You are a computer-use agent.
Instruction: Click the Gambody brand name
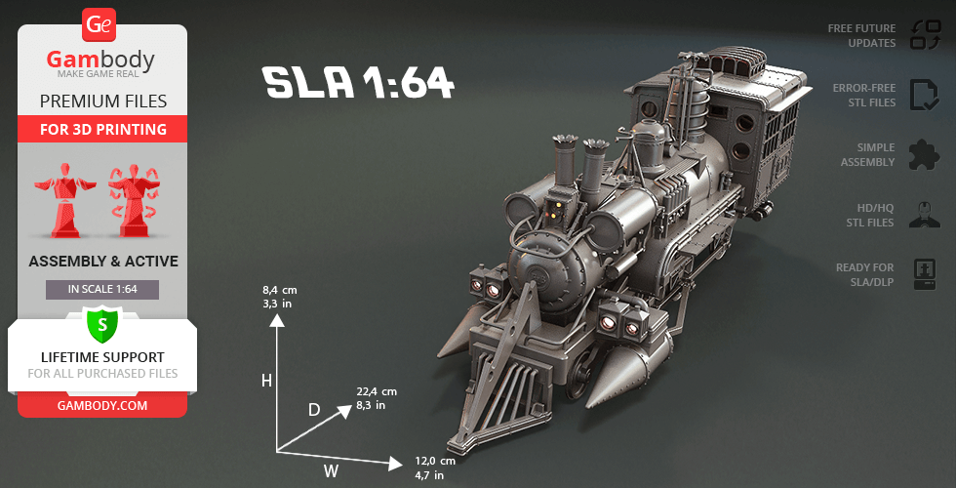tap(101, 60)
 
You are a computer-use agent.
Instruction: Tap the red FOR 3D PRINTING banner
tap(102, 129)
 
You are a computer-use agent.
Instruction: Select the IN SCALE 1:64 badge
tap(102, 289)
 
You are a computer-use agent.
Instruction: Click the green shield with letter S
tap(101, 323)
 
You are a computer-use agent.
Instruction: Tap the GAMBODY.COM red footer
tap(102, 405)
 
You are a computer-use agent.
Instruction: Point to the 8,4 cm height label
tap(279, 290)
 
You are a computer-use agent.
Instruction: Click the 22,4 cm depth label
tap(378, 391)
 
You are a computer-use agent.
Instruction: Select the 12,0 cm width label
tap(435, 461)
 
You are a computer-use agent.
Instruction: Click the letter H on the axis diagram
tap(266, 381)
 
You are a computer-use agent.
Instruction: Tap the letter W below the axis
tap(332, 472)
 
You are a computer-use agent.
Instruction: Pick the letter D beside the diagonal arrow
tap(314, 410)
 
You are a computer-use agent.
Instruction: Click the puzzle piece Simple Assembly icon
tap(923, 153)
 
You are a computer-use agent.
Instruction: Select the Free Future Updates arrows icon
tap(924, 35)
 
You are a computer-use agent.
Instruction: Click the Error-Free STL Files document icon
tap(923, 95)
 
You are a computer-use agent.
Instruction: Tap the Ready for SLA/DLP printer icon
tap(923, 272)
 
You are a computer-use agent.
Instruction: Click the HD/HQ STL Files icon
tap(923, 214)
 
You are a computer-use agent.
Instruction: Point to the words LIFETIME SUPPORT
tap(102, 357)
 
